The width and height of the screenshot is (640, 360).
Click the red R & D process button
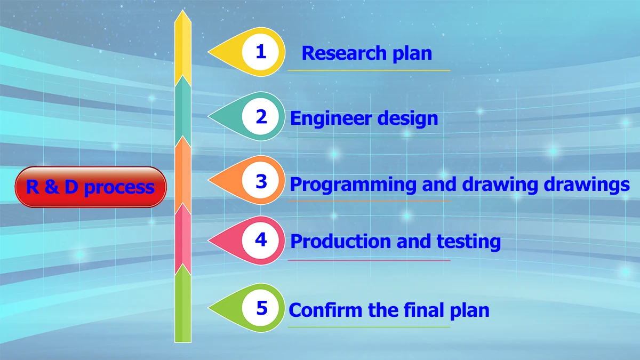(91, 187)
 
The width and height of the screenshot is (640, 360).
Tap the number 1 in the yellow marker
(261, 52)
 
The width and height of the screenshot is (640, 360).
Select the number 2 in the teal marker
(261, 117)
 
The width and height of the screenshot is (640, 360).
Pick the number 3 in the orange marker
(261, 181)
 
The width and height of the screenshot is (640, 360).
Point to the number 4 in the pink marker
(261, 240)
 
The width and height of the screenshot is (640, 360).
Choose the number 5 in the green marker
(261, 308)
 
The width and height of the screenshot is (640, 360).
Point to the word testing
(469, 242)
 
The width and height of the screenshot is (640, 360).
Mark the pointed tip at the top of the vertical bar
(183, 12)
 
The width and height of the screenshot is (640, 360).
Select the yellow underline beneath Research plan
(369, 70)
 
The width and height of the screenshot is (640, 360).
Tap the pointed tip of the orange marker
(210, 181)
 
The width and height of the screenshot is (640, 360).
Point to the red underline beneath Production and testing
(369, 260)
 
